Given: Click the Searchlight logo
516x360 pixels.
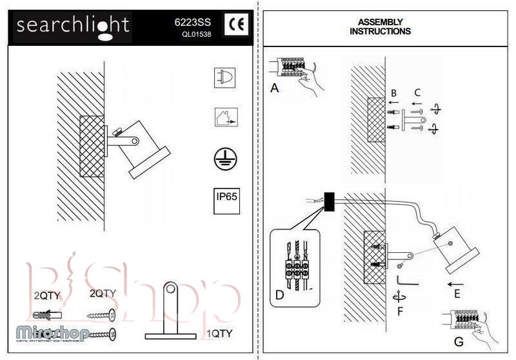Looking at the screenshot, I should pos(73,26).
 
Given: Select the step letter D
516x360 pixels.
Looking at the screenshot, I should pos(279,295).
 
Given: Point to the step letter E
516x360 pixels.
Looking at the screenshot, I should pos(456,295).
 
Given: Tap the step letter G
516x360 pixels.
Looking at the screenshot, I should pos(459,341).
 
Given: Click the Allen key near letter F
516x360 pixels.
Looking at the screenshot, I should pos(406,282).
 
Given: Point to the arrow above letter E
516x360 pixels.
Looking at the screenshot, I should pos(455,283).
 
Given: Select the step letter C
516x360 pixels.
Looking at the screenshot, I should pos(417,92).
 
